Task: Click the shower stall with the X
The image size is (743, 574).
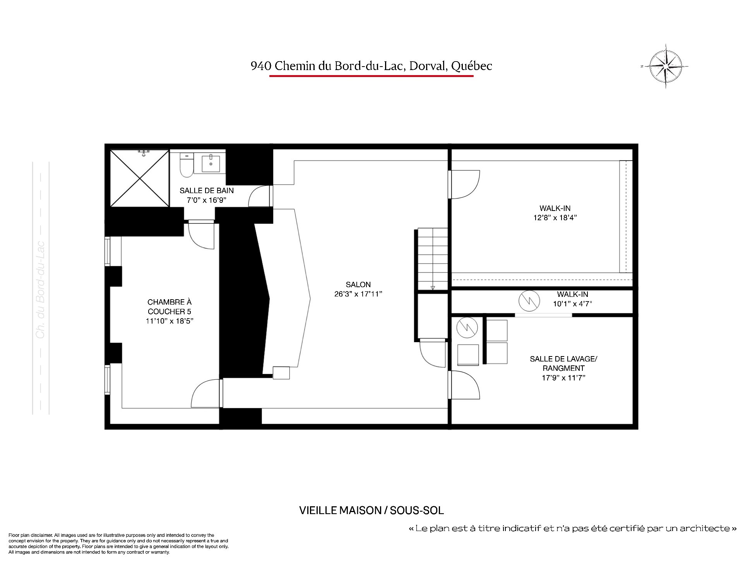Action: click(x=140, y=178)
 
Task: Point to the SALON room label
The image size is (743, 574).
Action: click(x=358, y=284)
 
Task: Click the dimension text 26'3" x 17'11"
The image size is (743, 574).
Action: click(x=358, y=294)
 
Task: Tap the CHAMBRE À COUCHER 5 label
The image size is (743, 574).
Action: click(x=169, y=307)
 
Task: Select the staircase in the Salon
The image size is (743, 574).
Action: click(x=432, y=259)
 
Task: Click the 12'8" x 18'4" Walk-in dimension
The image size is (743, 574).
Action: click(x=555, y=218)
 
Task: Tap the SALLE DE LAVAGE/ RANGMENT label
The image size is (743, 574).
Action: click(x=563, y=363)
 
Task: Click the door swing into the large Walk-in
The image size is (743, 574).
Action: click(x=464, y=185)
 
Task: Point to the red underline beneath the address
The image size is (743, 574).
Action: click(x=371, y=76)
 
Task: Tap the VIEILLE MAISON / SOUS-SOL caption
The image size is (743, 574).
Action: click(x=371, y=510)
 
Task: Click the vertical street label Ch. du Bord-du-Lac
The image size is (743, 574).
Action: click(x=41, y=290)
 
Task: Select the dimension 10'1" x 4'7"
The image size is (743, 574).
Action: click(x=572, y=304)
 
